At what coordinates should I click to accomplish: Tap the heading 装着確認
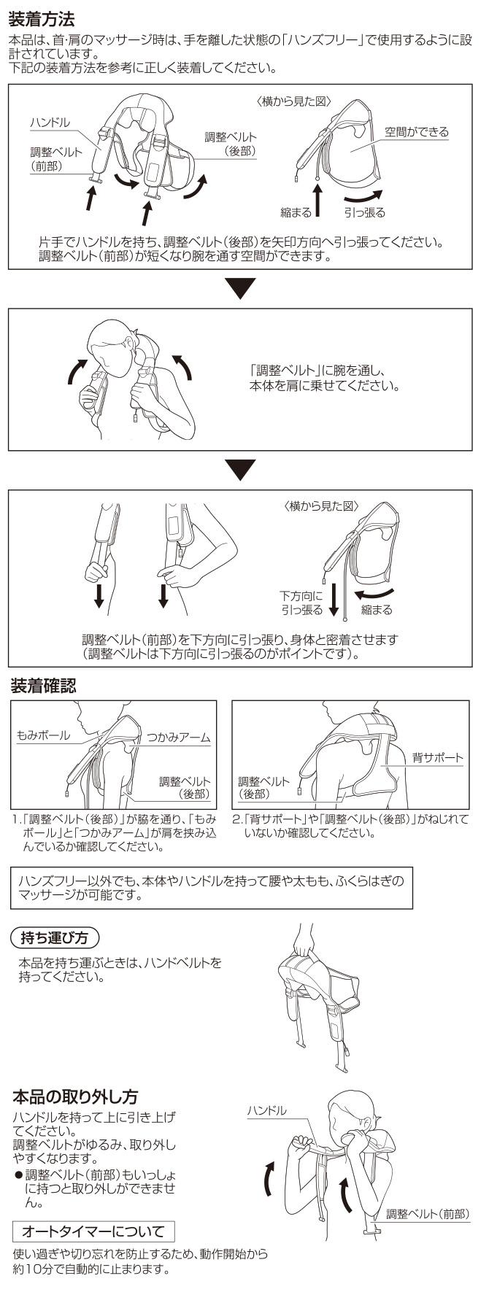[x=43, y=686]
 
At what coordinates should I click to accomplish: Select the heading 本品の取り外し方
[x=75, y=1096]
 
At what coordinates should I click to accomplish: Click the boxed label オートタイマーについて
[x=93, y=1231]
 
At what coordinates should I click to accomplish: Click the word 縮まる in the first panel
[x=296, y=212]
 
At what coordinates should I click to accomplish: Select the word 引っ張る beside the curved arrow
[x=365, y=212]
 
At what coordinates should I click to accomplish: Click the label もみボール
[x=44, y=735]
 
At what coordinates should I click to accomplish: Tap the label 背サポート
[x=438, y=758]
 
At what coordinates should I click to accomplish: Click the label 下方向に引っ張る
[x=302, y=603]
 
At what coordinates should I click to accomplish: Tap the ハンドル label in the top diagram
[x=50, y=123]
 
